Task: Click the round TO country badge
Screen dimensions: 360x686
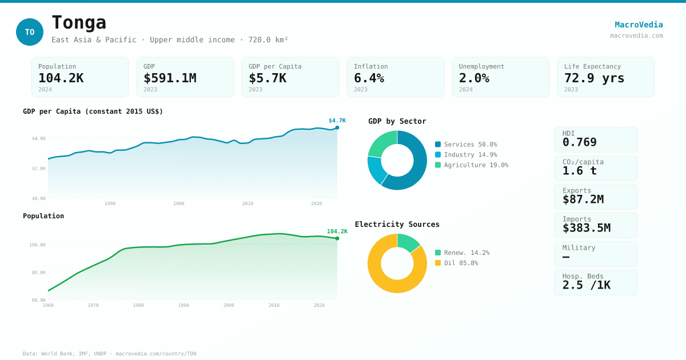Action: pos(30,32)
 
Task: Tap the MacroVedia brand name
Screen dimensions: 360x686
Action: pos(639,25)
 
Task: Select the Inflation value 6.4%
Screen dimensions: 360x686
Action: pos(369,78)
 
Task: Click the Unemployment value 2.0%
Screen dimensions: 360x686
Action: pos(474,78)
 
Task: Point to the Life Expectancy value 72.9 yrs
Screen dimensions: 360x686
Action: pos(594,78)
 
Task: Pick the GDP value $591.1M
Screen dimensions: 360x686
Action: pos(170,78)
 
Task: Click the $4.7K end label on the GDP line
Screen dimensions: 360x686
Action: pos(337,121)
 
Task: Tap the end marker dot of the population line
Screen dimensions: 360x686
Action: pos(337,238)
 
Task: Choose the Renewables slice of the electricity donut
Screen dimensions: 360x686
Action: pos(407,242)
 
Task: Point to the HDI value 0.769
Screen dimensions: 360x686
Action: pos(579,142)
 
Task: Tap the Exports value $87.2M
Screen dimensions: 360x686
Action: pos(583,199)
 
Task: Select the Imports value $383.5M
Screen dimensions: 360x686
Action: pos(586,228)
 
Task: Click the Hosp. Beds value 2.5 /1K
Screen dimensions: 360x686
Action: pos(586,285)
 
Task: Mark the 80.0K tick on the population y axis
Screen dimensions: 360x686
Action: pos(38,273)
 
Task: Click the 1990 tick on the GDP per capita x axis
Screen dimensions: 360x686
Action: pos(110,203)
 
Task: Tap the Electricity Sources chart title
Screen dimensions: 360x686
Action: pos(397,225)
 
